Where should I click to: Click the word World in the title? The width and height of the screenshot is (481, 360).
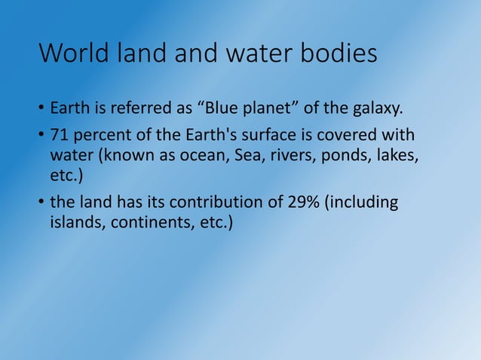[77, 55]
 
